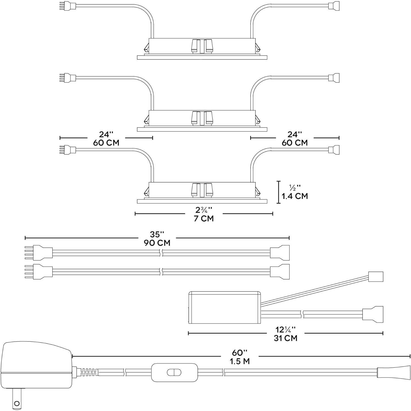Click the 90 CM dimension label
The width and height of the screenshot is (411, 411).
pos(157,243)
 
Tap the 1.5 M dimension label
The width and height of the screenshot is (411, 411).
pos(239,361)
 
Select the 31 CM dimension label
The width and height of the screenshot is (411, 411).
pos(285,338)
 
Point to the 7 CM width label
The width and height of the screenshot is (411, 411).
pos(204,219)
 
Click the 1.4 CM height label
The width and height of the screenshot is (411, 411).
pos(295,196)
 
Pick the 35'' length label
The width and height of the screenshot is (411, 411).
pos(157,235)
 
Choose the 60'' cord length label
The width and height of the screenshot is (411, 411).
pos(239,353)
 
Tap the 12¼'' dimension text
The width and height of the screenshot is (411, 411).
pos(285,329)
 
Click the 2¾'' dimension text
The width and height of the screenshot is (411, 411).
pos(204,210)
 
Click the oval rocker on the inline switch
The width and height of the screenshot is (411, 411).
pos(174,372)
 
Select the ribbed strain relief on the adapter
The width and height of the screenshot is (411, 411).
pos(89,372)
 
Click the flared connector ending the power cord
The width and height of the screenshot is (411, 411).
pos(393,372)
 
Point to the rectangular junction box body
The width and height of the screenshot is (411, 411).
pos(224,307)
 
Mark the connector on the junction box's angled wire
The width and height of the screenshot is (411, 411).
pos(376,276)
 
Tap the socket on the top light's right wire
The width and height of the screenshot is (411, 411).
pos(334,6)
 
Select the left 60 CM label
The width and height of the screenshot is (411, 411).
pos(106,143)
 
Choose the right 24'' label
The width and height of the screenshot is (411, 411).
pos(295,135)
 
